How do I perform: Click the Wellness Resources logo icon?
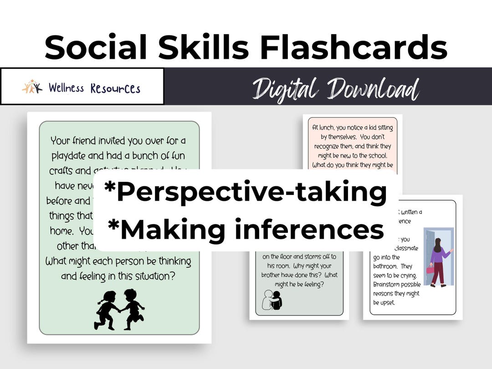coord(32,87)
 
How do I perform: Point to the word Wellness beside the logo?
coord(67,87)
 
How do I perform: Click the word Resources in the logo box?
coord(115,88)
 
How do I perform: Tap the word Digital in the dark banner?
coord(285,88)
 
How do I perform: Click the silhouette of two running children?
coord(119,309)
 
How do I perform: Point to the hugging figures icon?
coord(272,300)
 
